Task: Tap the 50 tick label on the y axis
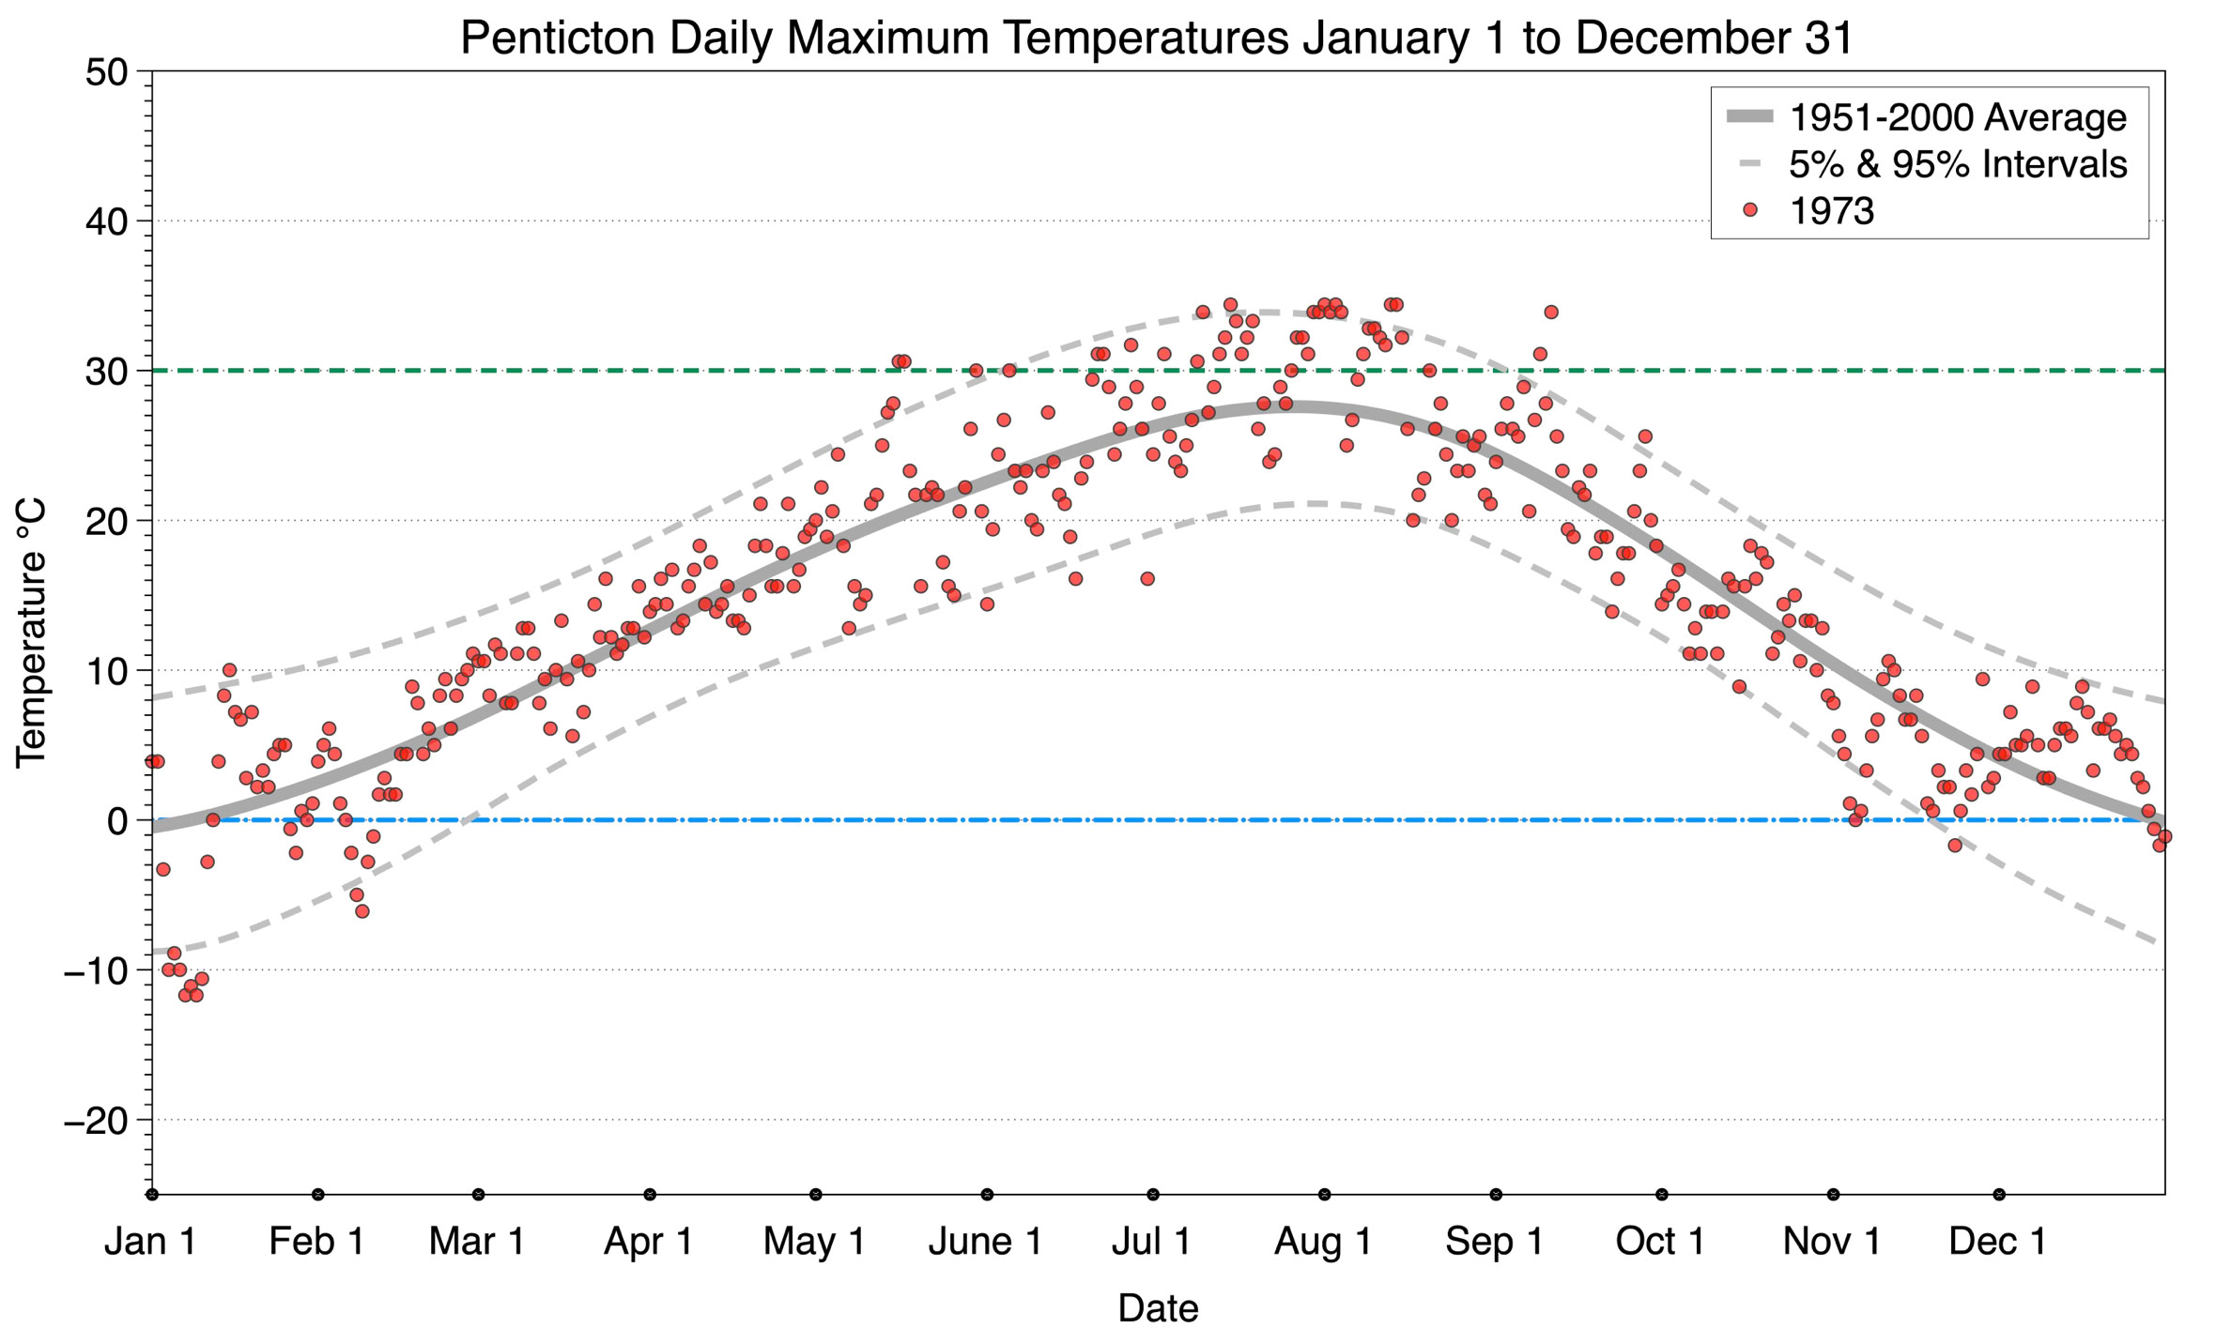click(106, 73)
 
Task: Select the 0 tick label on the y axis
click(117, 821)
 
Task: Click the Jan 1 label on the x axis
click(150, 1242)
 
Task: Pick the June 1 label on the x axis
click(985, 1242)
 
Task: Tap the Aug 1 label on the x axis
click(1323, 1242)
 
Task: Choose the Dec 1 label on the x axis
click(1997, 1242)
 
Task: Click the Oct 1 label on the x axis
click(1660, 1242)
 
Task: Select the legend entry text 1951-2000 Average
click(1958, 118)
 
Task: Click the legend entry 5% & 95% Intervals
click(1958, 164)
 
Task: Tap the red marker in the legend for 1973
click(1749, 210)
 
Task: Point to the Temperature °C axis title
click(31, 634)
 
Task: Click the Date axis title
click(1158, 1308)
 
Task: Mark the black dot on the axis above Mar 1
click(479, 1195)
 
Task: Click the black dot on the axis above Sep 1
click(1496, 1195)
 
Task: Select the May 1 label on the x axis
click(814, 1242)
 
